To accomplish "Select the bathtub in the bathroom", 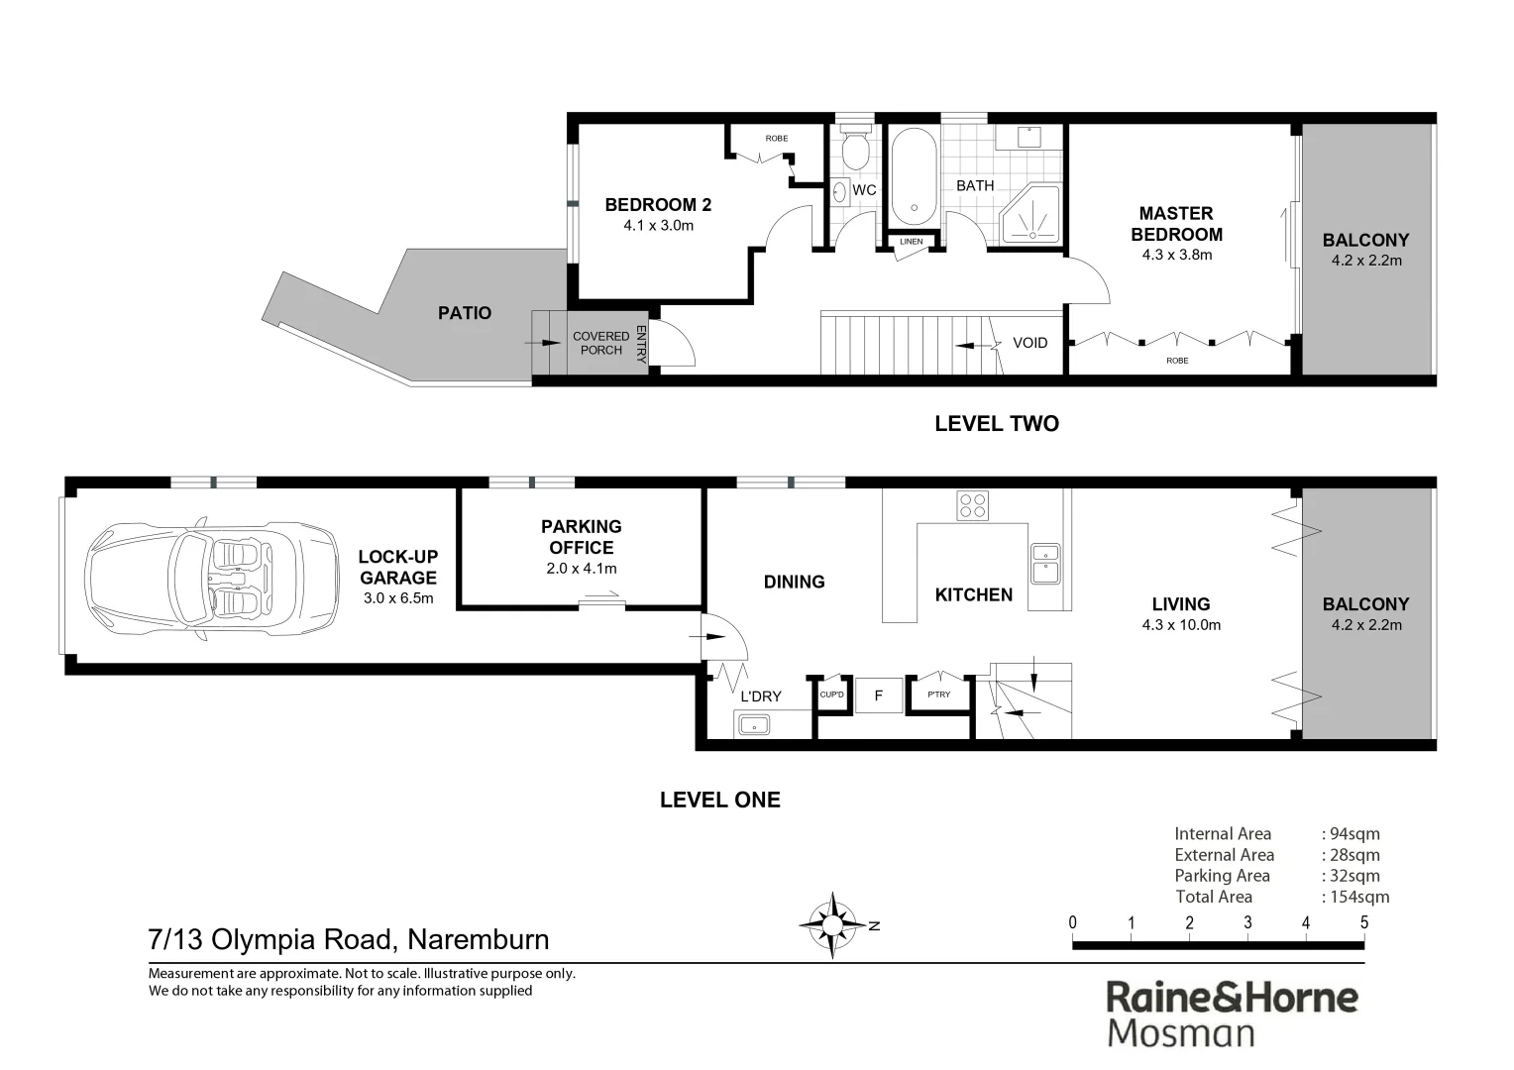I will click(913, 177).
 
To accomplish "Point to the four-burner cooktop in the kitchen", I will click(972, 505).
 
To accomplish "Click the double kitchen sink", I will click(1044, 564).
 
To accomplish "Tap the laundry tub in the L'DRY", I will click(753, 725).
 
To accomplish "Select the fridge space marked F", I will click(878, 695).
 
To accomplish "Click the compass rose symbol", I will click(832, 925).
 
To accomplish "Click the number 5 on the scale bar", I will click(1363, 922).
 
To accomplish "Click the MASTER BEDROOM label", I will click(1176, 224).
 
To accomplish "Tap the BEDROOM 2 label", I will click(658, 205).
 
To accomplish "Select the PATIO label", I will click(465, 313).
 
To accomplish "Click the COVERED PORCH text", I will click(600, 343).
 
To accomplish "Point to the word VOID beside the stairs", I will click(1029, 343).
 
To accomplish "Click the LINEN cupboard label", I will click(911, 242).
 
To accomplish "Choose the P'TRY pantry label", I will click(938, 695).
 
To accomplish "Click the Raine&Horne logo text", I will click(1232, 997).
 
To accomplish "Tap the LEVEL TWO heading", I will click(997, 424).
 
